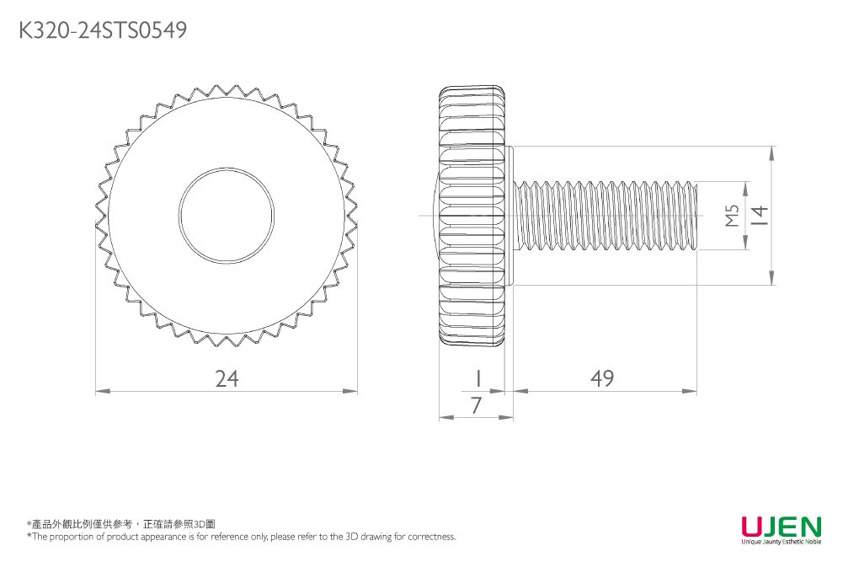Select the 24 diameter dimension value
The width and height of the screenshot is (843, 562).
coord(227,379)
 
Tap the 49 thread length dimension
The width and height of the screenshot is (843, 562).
coord(601,379)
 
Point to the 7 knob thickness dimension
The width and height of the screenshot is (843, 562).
coord(477,406)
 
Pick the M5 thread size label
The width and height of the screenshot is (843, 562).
coord(732,217)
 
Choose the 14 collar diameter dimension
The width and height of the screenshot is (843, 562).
coord(760,217)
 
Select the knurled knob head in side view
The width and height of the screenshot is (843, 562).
coord(472,216)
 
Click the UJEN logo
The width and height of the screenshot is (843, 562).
coord(780,527)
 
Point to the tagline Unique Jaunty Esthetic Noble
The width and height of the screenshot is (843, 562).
coord(780,542)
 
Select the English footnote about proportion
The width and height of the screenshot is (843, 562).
coord(241,537)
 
